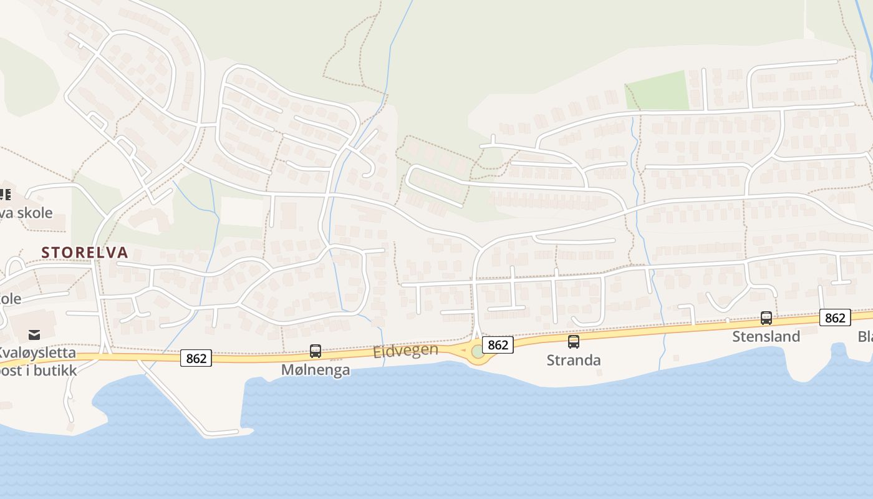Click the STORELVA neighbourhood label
85,253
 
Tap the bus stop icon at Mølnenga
316,351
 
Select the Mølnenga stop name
316,370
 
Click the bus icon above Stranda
574,342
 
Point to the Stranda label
574,361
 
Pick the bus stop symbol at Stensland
766,318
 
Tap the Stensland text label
766,337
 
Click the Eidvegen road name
405,351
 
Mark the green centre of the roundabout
478,352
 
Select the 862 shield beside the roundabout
498,345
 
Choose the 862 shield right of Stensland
835,318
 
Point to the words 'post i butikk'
39,371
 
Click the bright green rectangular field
657,91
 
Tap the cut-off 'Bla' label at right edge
866,337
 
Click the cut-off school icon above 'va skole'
6,195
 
